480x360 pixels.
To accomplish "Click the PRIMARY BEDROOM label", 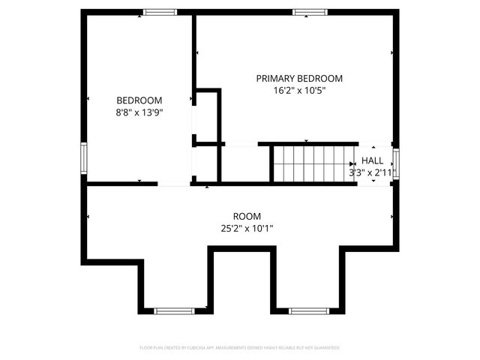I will [x=299, y=78].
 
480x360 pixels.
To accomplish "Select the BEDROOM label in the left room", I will [x=139, y=100].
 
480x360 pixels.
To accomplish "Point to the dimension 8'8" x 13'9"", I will [x=139, y=112].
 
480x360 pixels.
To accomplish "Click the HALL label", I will [x=372, y=160].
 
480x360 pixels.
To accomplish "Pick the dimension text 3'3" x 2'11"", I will [x=372, y=172].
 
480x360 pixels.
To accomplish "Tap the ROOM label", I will [x=247, y=215].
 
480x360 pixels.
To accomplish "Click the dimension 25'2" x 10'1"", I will [x=247, y=227].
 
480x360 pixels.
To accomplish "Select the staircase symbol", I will [x=308, y=163].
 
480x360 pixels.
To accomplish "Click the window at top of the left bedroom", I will [x=160, y=12].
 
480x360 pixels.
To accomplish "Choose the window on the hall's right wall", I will [x=396, y=163].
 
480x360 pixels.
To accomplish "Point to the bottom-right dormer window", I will [x=307, y=310].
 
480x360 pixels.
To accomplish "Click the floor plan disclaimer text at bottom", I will [x=240, y=348].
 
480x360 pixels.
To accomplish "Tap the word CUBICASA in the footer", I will [x=197, y=348].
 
